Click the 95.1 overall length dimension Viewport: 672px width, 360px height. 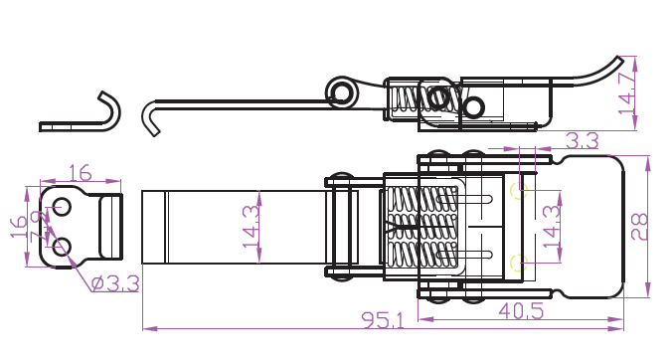point(383,319)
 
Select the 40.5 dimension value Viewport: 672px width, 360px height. point(521,310)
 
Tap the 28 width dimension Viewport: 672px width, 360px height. point(640,227)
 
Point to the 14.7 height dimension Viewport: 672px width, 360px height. point(627,93)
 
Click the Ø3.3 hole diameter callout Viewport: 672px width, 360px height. point(115,283)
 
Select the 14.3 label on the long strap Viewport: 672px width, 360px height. point(252,227)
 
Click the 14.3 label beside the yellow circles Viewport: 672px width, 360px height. point(552,227)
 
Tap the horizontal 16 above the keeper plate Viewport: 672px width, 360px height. point(81,173)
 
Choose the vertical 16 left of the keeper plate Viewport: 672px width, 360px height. point(19,227)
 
